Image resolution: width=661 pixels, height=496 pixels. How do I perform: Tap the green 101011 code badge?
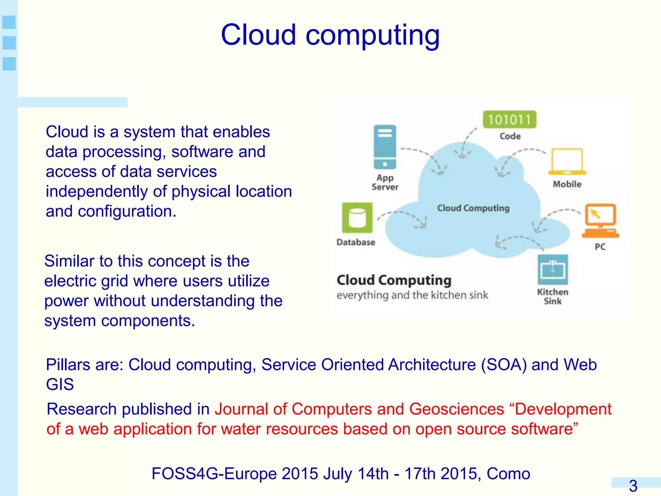(x=509, y=120)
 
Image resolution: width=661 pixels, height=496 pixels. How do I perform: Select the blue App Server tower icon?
(x=385, y=147)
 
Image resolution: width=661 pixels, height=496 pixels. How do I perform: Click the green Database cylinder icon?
(x=357, y=218)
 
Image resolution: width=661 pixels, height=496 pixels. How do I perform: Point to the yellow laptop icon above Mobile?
(x=567, y=161)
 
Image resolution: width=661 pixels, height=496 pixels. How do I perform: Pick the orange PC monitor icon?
(x=601, y=221)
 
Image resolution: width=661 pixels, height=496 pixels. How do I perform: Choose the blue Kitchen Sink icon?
(x=553, y=270)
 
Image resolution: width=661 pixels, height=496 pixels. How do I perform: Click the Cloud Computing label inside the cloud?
(x=473, y=208)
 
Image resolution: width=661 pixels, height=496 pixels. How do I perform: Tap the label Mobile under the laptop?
(x=567, y=184)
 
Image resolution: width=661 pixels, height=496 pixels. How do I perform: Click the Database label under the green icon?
(x=356, y=242)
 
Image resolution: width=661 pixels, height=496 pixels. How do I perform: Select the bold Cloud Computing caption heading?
(x=394, y=280)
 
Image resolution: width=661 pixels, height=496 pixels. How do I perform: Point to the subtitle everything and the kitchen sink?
(x=412, y=295)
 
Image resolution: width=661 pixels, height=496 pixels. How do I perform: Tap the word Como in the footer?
(x=508, y=474)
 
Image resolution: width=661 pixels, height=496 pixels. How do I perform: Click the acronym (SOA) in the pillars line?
(x=504, y=365)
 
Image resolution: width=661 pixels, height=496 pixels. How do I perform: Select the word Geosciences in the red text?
(x=457, y=409)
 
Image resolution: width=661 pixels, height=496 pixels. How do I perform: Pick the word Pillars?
(x=68, y=365)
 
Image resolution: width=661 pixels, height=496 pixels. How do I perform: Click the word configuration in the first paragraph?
(x=127, y=212)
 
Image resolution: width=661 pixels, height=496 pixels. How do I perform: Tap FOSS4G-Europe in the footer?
(x=214, y=474)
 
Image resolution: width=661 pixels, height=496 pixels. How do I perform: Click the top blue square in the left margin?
(x=9, y=22)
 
